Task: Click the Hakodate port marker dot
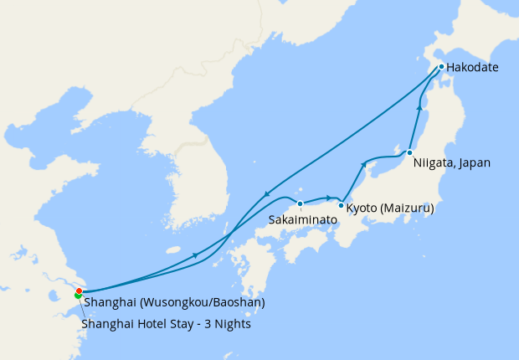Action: coord(441,67)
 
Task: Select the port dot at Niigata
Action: coord(409,152)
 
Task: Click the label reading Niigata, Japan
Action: coord(452,163)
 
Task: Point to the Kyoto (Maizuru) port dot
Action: coord(342,205)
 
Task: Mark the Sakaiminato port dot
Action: coord(300,203)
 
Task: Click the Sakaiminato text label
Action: coord(303,219)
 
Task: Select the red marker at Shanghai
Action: coord(79,291)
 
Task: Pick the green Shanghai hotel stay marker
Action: coord(78,296)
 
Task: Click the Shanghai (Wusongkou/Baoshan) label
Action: coord(174,301)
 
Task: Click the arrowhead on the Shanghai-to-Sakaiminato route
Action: coord(195,255)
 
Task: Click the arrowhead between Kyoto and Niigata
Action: coord(363,164)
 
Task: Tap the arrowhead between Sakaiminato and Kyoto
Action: coord(326,198)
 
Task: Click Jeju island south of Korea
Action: coord(173,249)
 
